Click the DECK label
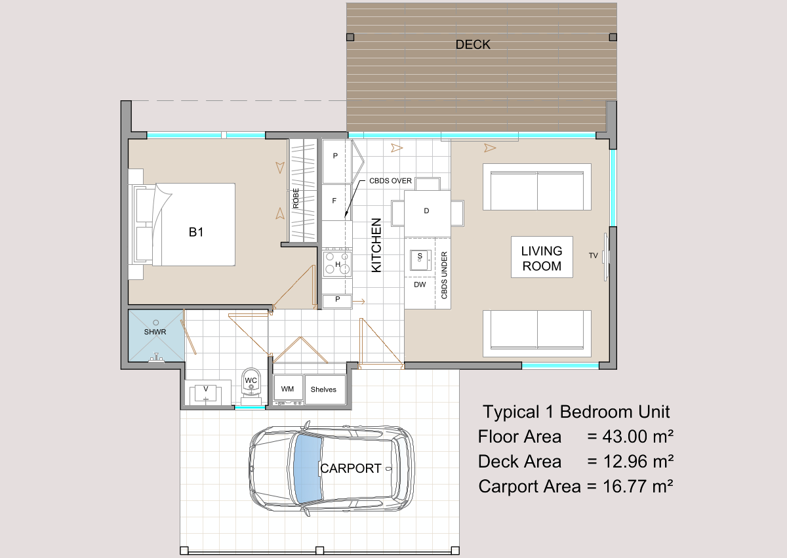(473, 45)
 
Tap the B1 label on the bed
(195, 232)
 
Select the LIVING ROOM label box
(542, 258)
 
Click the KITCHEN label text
(376, 245)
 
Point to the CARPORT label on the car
(351, 468)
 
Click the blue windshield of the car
(308, 468)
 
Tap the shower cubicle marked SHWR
(156, 335)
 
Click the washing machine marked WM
(288, 388)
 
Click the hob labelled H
(337, 264)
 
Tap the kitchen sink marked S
(420, 260)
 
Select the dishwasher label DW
(420, 285)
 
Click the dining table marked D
(427, 213)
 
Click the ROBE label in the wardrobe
(296, 198)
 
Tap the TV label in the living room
(594, 256)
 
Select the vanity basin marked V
(205, 393)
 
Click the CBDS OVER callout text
(390, 181)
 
